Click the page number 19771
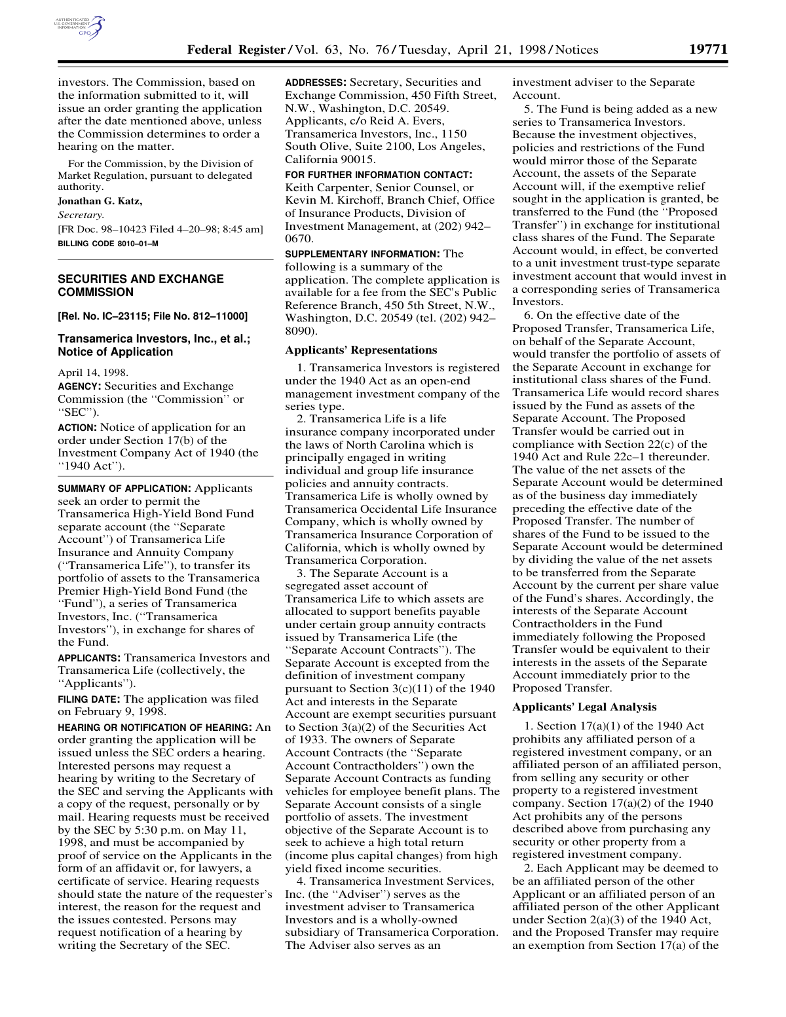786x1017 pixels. pos(708,50)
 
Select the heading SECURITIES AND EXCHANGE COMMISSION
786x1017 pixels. pos(141,286)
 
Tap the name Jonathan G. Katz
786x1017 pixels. pos(100,201)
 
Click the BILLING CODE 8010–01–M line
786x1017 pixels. pos(108,244)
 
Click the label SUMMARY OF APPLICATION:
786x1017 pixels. pos(124,489)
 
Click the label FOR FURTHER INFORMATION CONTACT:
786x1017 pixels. pos(379,175)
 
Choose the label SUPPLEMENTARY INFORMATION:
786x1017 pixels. pos(363,254)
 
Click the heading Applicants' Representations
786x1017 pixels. pos(361,350)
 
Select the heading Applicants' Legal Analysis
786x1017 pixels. pos(584,707)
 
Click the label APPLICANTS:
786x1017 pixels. pos(89,657)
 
